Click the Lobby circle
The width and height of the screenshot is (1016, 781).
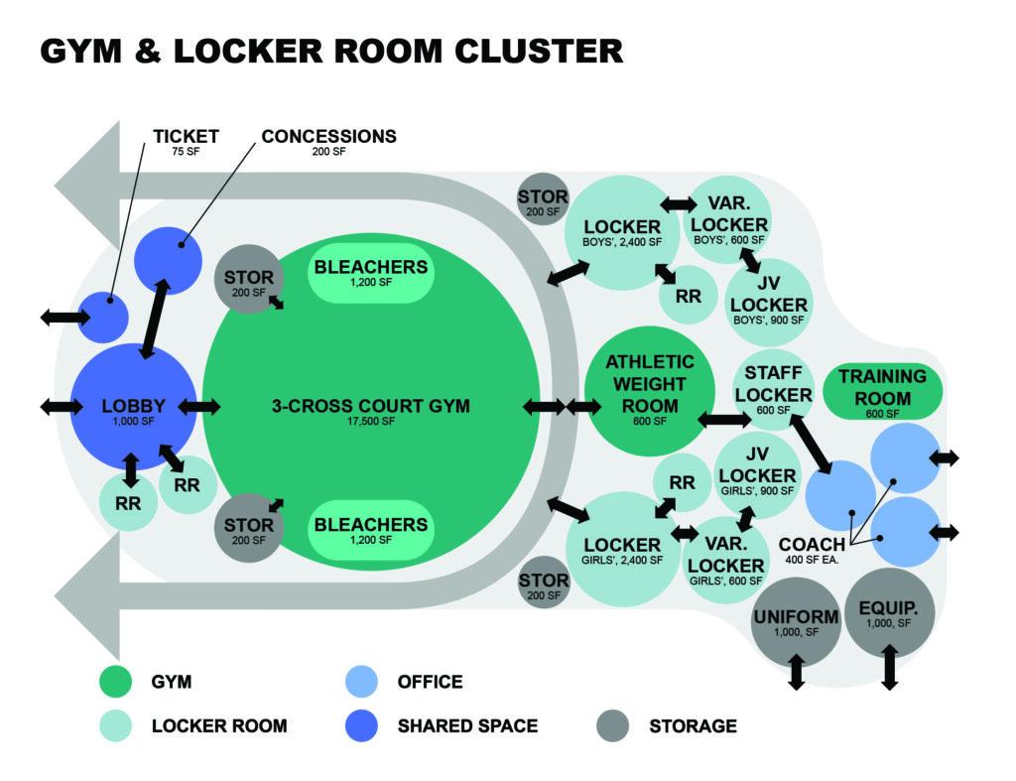133,408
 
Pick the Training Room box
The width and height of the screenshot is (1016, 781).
882,391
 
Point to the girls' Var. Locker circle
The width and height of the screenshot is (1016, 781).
725,561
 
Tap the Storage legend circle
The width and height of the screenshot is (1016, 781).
614,725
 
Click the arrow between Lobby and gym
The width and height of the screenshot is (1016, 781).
198,407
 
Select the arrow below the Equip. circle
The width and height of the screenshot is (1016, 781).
889,667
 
